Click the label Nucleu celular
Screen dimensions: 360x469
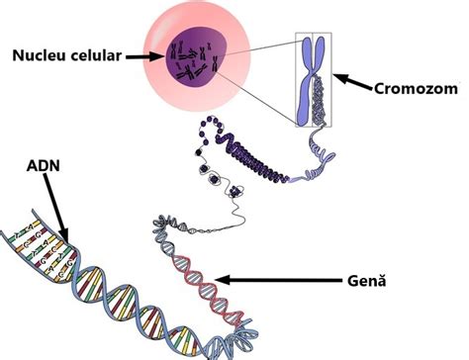(66, 56)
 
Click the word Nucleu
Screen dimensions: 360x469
(37, 56)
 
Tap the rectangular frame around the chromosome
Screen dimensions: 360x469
(298, 79)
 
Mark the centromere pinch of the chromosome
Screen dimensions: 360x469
(315, 70)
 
